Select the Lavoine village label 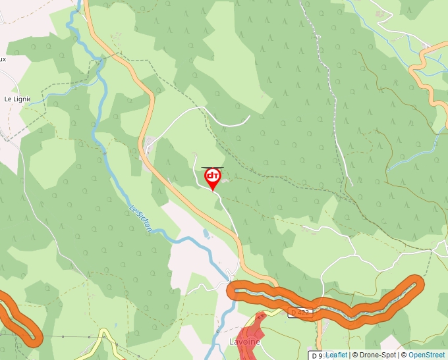click(x=244, y=342)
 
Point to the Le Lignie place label click(x=17, y=99)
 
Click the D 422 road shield click(x=299, y=312)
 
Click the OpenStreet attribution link click(x=427, y=355)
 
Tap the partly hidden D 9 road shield click(x=318, y=355)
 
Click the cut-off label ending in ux click(x=3, y=59)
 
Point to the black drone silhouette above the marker click(x=212, y=167)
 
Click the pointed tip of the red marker click(x=213, y=190)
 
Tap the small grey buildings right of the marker click(x=226, y=179)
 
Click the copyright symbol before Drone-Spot click(x=354, y=355)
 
